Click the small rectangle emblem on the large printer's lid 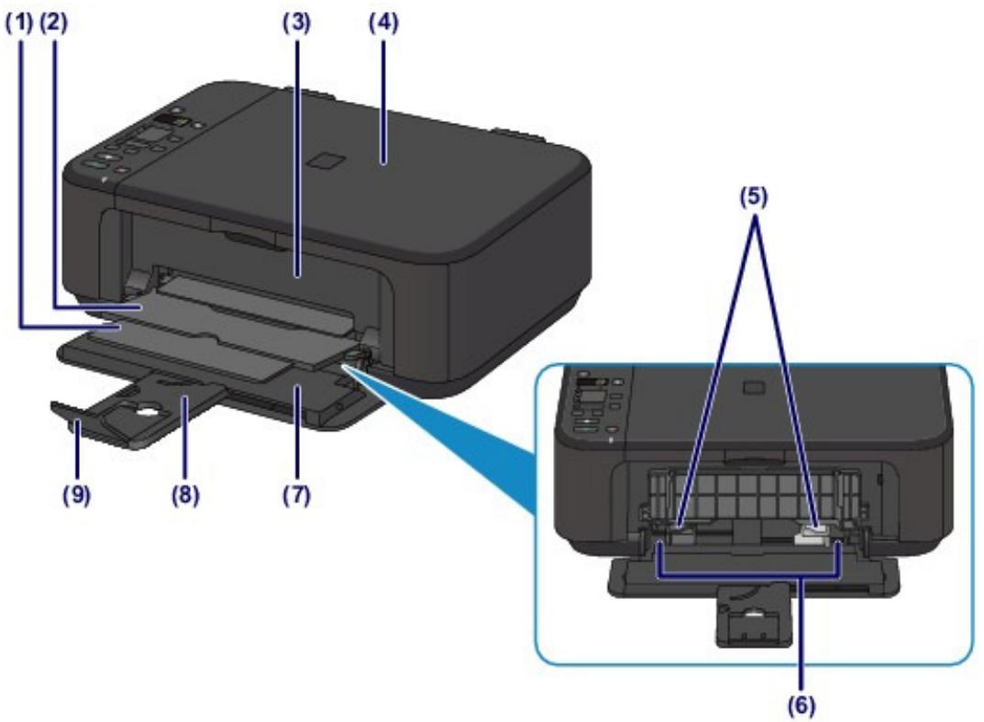point(324,161)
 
